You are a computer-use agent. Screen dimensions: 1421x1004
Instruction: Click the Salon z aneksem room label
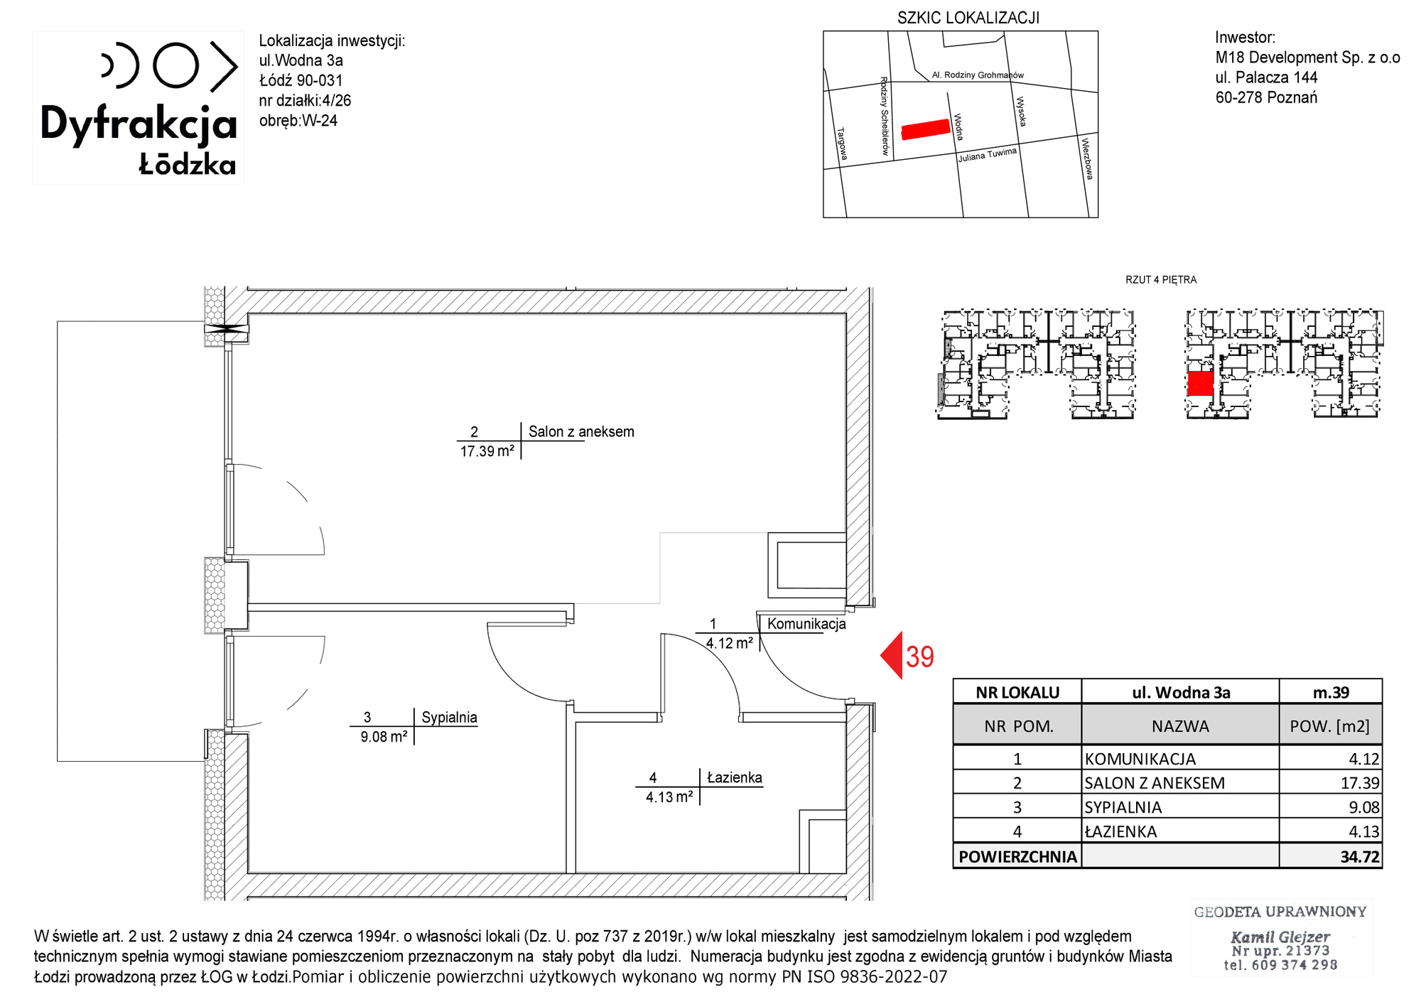pos(581,432)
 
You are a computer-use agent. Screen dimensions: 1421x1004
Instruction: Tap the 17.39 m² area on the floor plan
pos(487,451)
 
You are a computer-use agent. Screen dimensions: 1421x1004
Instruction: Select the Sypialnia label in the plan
pos(449,718)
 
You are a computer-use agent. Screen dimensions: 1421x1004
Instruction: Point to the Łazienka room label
pos(735,777)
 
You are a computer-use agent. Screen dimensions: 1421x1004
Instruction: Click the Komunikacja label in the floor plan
pos(806,624)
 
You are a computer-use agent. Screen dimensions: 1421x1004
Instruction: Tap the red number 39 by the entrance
pos(920,657)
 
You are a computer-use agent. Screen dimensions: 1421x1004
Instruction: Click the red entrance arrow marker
pos(892,655)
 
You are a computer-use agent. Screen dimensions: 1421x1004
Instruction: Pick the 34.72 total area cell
pos(1360,857)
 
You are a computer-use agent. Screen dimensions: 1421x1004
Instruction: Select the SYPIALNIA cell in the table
pos(1123,808)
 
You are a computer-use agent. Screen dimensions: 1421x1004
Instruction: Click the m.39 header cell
pos(1331,693)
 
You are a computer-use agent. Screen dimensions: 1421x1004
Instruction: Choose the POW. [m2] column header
pos(1330,726)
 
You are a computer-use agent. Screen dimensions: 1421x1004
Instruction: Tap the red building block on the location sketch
pos(926,129)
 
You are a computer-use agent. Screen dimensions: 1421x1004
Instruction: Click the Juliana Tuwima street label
pos(988,155)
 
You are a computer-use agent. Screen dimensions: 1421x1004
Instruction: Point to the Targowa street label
pos(842,144)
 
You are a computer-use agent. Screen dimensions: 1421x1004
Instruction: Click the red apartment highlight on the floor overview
pos(1200,384)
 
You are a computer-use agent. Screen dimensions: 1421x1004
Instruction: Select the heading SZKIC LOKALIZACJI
pos(968,18)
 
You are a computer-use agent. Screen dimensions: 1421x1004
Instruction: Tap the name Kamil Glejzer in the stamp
pos(1280,937)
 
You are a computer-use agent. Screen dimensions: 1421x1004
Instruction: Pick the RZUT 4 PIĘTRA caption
pos(1161,280)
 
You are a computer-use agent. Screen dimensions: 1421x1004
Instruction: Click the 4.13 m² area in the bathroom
pos(669,797)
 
